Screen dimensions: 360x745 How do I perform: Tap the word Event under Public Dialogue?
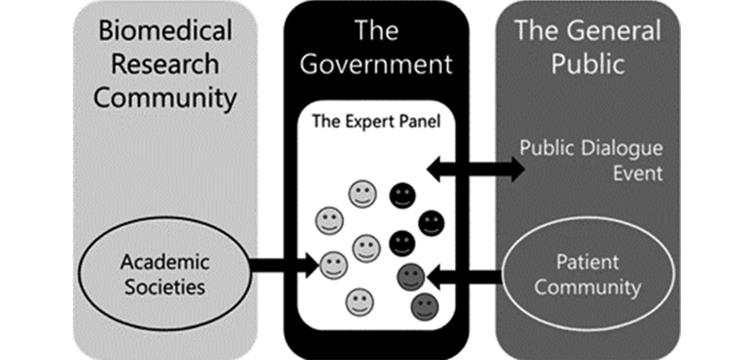638,173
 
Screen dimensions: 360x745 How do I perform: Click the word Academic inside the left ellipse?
165,263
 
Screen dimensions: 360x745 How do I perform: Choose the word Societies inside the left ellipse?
165,286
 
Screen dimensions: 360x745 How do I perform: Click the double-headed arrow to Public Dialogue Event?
476,169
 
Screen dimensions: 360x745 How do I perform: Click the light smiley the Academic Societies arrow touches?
333,265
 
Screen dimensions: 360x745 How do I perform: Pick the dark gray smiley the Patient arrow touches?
411,277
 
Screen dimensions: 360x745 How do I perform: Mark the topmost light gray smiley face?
362,194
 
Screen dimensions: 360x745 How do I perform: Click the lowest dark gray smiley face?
425,306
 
